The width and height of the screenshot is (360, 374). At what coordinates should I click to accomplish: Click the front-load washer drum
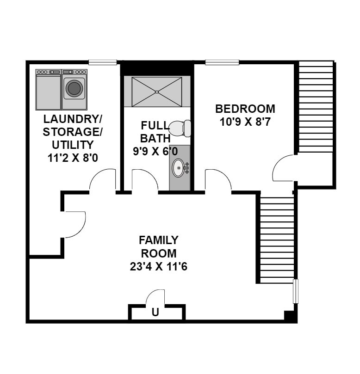(74, 88)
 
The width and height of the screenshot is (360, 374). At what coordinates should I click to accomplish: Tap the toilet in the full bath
(180, 129)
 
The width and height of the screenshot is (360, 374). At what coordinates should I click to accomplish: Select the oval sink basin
(178, 168)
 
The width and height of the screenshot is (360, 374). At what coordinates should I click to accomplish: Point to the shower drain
(156, 92)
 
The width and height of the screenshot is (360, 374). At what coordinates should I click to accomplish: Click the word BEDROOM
(245, 109)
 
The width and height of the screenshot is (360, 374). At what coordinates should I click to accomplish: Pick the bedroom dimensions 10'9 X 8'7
(245, 122)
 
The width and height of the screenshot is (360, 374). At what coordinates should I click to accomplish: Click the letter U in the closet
(155, 312)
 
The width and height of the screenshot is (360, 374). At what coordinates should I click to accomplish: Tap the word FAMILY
(159, 240)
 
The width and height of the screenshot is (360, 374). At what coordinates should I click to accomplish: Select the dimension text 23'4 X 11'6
(159, 267)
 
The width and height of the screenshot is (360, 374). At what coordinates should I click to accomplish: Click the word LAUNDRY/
(73, 119)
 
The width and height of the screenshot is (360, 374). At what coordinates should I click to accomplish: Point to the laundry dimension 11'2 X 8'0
(73, 158)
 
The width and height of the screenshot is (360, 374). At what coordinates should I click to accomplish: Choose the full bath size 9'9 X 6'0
(155, 151)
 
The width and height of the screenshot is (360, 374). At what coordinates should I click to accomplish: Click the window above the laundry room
(103, 62)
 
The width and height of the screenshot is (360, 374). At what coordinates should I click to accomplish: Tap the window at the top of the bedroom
(222, 62)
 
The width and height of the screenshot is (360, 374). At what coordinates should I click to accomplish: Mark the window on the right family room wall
(296, 291)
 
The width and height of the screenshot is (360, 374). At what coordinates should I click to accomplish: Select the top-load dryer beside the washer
(48, 90)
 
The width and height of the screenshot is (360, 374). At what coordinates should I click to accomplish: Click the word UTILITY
(73, 145)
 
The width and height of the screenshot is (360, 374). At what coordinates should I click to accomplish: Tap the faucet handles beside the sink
(187, 168)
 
